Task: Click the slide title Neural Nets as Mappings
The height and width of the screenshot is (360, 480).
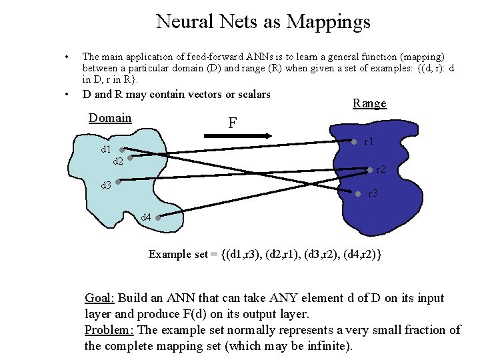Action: pos(263,22)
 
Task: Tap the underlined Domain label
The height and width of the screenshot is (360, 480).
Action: pos(110,118)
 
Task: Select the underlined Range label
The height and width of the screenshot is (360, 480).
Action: pos(369,103)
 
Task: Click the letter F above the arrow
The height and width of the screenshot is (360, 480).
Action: pos(233,123)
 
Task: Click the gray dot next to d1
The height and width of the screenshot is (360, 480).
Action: pos(122,150)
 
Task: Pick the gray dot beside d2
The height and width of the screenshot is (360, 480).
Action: pos(130,159)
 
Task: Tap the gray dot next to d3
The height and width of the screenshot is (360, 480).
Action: pos(117,181)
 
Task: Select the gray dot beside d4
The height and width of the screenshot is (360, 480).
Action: pos(157,215)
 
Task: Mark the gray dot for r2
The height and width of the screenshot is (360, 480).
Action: pos(370,169)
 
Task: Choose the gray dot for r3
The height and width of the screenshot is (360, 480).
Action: pos(359,194)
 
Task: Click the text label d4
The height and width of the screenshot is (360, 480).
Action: pos(146,217)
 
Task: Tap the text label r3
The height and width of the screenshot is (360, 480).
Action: pos(373,194)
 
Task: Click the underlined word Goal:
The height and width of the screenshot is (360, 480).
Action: pos(99,298)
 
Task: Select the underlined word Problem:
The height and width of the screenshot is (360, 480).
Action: pos(109,330)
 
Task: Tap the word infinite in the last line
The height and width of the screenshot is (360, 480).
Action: pos(325,346)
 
